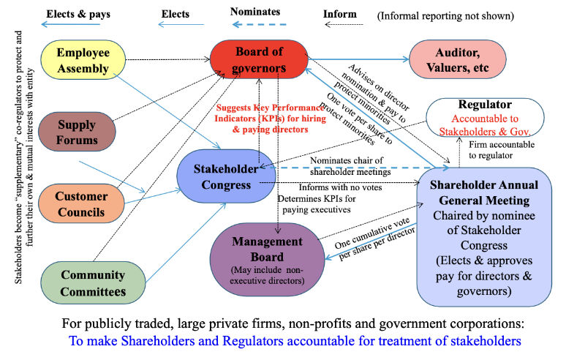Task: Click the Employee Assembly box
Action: pos(83,61)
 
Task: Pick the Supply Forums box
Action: pos(77,132)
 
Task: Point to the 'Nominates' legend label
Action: pos(254,12)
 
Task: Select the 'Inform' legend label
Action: pos(340,13)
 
